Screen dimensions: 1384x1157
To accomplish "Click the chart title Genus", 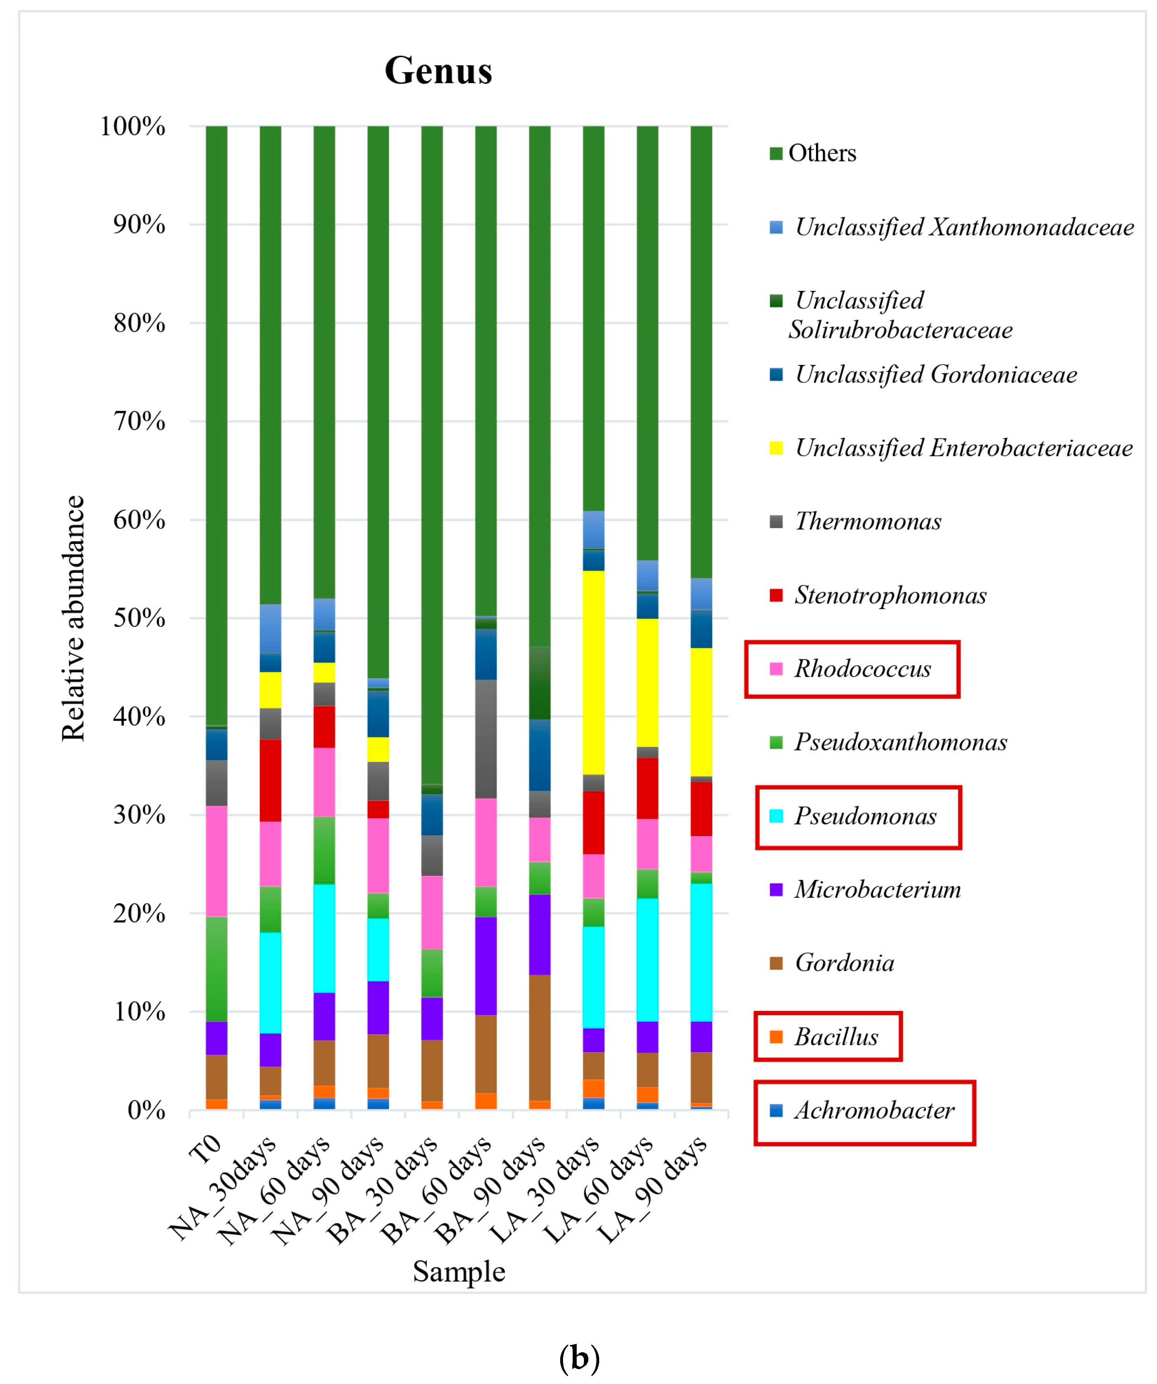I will (x=438, y=70).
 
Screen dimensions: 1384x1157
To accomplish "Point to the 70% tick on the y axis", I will (x=139, y=421).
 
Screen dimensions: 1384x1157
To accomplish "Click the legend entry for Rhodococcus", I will (x=862, y=669).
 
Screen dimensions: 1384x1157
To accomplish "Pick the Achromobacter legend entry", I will (x=873, y=1110).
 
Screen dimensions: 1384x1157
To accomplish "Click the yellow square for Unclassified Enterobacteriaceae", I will (x=776, y=448).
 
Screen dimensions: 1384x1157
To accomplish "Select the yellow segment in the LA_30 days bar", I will (x=593, y=672).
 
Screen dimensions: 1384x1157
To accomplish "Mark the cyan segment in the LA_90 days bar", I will (x=701, y=952).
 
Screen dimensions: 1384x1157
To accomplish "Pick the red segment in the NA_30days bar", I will (x=270, y=781).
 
